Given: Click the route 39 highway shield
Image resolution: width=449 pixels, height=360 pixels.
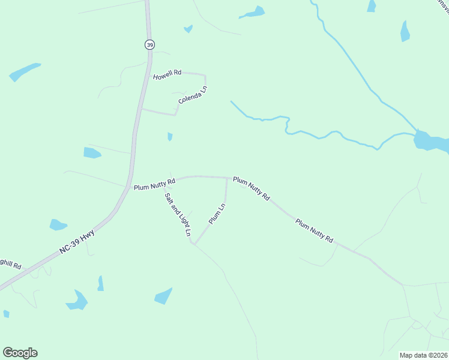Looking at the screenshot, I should click(149, 44).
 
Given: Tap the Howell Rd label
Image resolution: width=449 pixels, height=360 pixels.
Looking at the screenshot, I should click(167, 75).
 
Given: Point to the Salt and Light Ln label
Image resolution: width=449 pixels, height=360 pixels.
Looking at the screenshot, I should click(178, 213).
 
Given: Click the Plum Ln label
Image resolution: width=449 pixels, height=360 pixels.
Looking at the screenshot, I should click(217, 214).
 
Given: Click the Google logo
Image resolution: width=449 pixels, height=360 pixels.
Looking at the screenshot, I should click(20, 353).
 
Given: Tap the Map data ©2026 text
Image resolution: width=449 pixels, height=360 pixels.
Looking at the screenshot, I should click(423, 355).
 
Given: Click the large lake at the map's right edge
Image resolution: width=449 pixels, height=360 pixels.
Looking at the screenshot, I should click(431, 142).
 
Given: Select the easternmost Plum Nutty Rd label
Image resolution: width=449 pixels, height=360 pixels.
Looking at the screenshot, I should click(314, 230).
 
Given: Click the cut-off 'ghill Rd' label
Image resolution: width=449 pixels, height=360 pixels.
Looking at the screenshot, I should click(11, 264).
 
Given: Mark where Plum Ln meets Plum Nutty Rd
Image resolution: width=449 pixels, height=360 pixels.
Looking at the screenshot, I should click(226, 178).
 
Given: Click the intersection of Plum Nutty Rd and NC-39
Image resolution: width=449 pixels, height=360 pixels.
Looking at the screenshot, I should click(130, 187).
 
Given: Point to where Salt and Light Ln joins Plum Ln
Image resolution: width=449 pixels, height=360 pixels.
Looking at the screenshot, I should click(193, 243).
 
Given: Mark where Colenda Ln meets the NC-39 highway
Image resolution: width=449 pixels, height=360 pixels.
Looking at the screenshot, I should click(141, 109).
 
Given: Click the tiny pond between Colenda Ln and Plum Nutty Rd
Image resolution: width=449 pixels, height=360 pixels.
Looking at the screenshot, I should click(170, 137).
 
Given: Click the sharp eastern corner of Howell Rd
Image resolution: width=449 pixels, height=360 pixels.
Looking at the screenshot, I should click(205, 76).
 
